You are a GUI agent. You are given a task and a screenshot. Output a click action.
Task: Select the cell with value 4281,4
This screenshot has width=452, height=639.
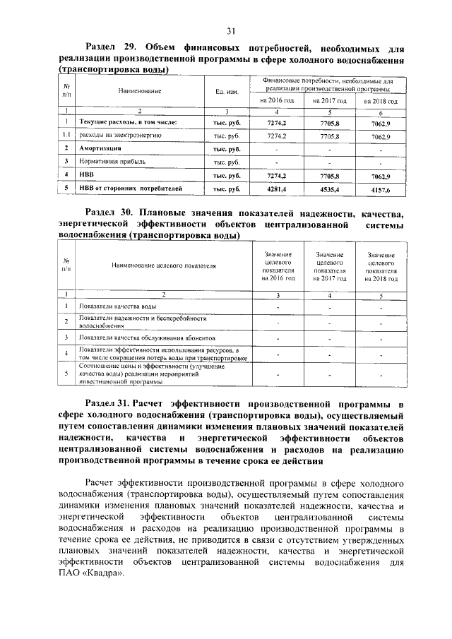[276, 189]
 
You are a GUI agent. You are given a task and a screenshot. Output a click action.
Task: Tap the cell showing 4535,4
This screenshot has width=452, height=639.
[328, 189]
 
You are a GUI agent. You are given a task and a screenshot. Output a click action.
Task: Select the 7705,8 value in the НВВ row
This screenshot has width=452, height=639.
[328, 174]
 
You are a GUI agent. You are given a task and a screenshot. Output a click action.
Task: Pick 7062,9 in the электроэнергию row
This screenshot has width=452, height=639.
[380, 136]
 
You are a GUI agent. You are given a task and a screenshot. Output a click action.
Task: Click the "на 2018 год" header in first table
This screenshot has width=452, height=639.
[380, 102]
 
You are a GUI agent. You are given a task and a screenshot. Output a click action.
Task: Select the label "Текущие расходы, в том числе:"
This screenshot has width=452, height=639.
[127, 123]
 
